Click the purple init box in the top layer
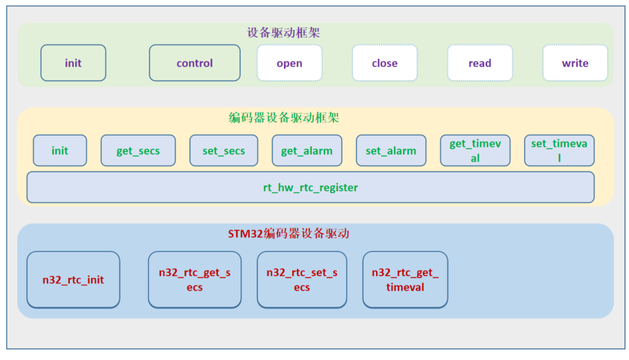coord(73,63)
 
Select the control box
coord(194,63)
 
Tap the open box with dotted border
coord(289,63)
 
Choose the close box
coord(385,63)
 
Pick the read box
coord(480,63)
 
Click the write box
coord(575,63)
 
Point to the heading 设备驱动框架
coord(284,33)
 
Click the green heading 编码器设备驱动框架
coord(284,118)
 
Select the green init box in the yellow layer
coord(60,150)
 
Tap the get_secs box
coord(138,150)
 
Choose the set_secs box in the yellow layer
coord(223,150)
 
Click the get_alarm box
coord(307,150)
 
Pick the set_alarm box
coord(391,150)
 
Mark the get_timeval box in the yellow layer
coord(474,150)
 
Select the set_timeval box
coord(559,150)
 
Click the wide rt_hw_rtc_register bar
coord(310,188)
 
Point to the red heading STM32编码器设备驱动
coord(288,234)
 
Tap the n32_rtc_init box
coord(73,280)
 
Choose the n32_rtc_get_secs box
coord(194,280)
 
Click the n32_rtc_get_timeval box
coord(405,280)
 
